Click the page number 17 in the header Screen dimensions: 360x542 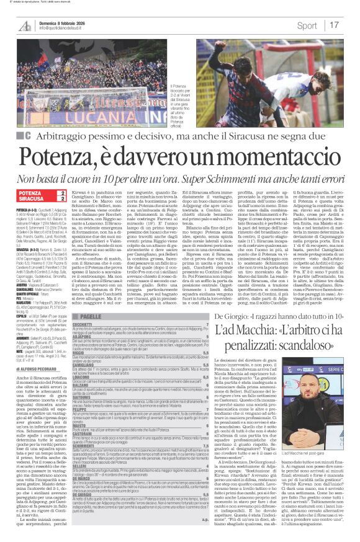tap(333, 25)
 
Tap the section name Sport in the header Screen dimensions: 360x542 tap(307, 25)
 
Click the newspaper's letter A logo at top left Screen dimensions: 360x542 tap(25, 26)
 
